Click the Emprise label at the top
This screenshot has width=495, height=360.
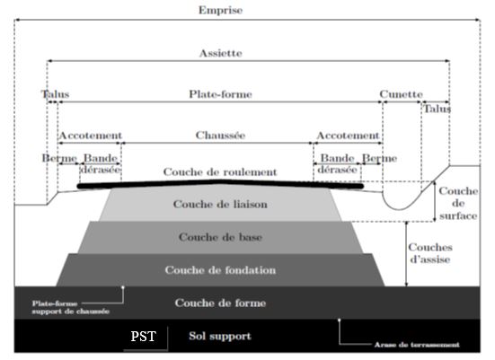220,10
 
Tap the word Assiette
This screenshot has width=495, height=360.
221,53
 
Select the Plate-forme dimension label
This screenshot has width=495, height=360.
220,94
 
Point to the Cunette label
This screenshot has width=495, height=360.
401,94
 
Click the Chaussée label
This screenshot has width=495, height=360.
220,135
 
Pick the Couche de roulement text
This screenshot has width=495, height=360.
220,172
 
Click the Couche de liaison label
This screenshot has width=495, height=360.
220,204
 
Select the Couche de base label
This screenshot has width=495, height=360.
220,237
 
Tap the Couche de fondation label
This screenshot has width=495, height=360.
220,270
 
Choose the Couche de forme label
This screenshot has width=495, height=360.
220,303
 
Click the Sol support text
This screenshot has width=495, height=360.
220,336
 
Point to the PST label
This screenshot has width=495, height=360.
144,337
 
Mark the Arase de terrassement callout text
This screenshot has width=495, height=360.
417,345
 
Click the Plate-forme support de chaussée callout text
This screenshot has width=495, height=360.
71,308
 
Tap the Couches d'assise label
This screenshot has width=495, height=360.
430,253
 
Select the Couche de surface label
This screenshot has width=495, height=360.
458,204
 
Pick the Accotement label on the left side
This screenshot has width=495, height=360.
91,136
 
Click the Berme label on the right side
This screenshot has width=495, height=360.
379,158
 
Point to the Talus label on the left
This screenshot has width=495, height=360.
55,94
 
